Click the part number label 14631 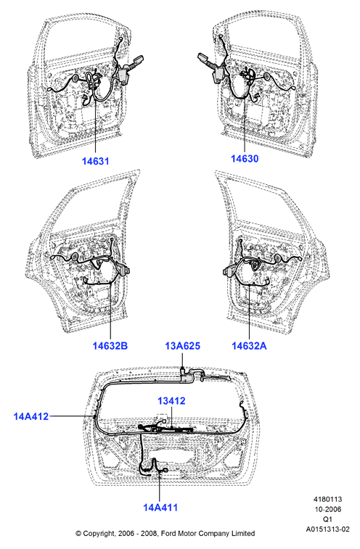(96, 161)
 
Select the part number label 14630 (245, 159)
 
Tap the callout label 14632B (110, 346)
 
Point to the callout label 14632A (249, 346)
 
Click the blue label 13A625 (183, 346)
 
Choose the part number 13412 (171, 401)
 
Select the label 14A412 (31, 417)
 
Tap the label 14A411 (160, 508)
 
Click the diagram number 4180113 (327, 499)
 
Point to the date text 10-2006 (327, 509)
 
